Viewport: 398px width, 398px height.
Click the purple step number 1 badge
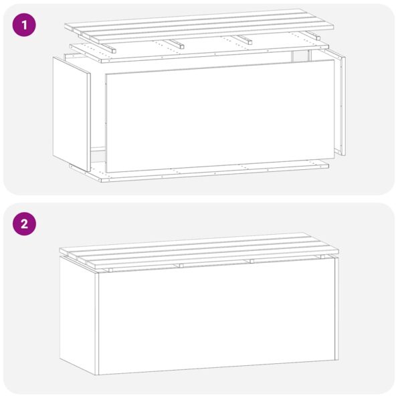[25, 26]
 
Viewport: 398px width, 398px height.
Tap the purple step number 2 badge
[25, 225]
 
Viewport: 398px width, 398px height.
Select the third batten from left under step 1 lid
[245, 40]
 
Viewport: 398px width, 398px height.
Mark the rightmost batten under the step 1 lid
[313, 35]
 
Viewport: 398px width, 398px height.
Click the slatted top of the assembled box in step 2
[201, 251]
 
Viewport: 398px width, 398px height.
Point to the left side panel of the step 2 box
[78, 314]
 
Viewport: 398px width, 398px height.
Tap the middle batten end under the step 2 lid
[179, 266]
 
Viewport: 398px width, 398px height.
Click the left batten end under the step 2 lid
[110, 270]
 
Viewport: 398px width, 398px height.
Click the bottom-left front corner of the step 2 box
[98, 373]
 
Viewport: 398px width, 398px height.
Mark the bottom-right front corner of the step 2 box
[332, 360]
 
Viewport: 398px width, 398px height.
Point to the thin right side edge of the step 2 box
[336, 308]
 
